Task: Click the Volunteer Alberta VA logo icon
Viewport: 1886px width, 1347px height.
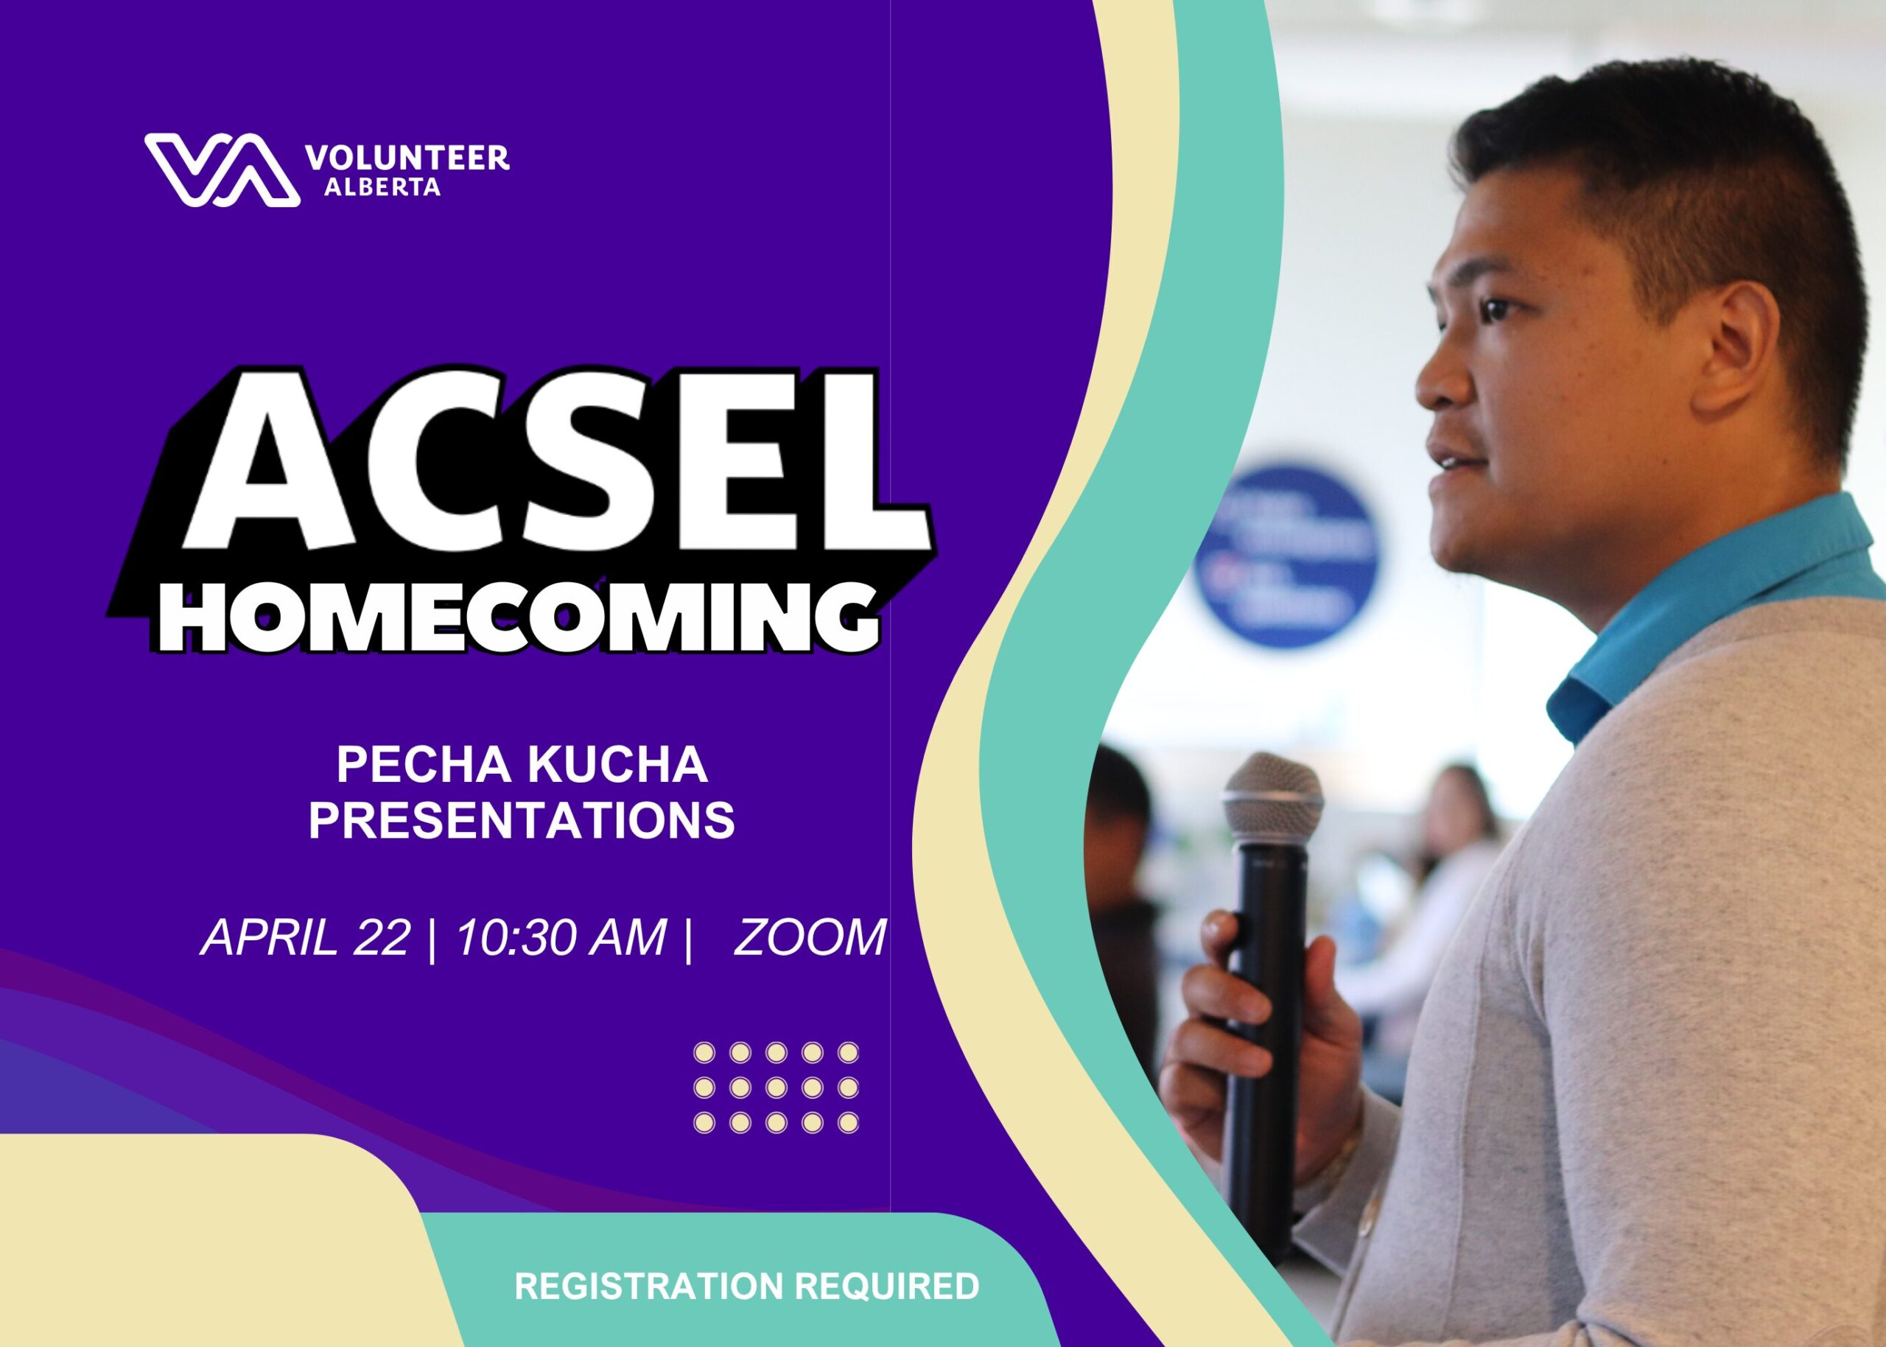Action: [x=222, y=169]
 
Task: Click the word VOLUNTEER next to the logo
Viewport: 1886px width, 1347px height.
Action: [x=407, y=158]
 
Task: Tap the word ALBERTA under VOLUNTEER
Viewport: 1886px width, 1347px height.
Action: [x=382, y=187]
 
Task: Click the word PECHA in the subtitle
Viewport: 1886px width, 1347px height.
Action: [x=423, y=765]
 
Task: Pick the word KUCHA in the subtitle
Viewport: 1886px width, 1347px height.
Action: [x=617, y=765]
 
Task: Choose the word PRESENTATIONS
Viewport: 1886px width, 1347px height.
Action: [x=522, y=820]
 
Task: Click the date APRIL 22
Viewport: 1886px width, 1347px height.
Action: [x=306, y=938]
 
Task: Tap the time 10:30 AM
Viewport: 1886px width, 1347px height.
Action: [x=561, y=938]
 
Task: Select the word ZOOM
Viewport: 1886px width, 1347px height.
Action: [x=809, y=938]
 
